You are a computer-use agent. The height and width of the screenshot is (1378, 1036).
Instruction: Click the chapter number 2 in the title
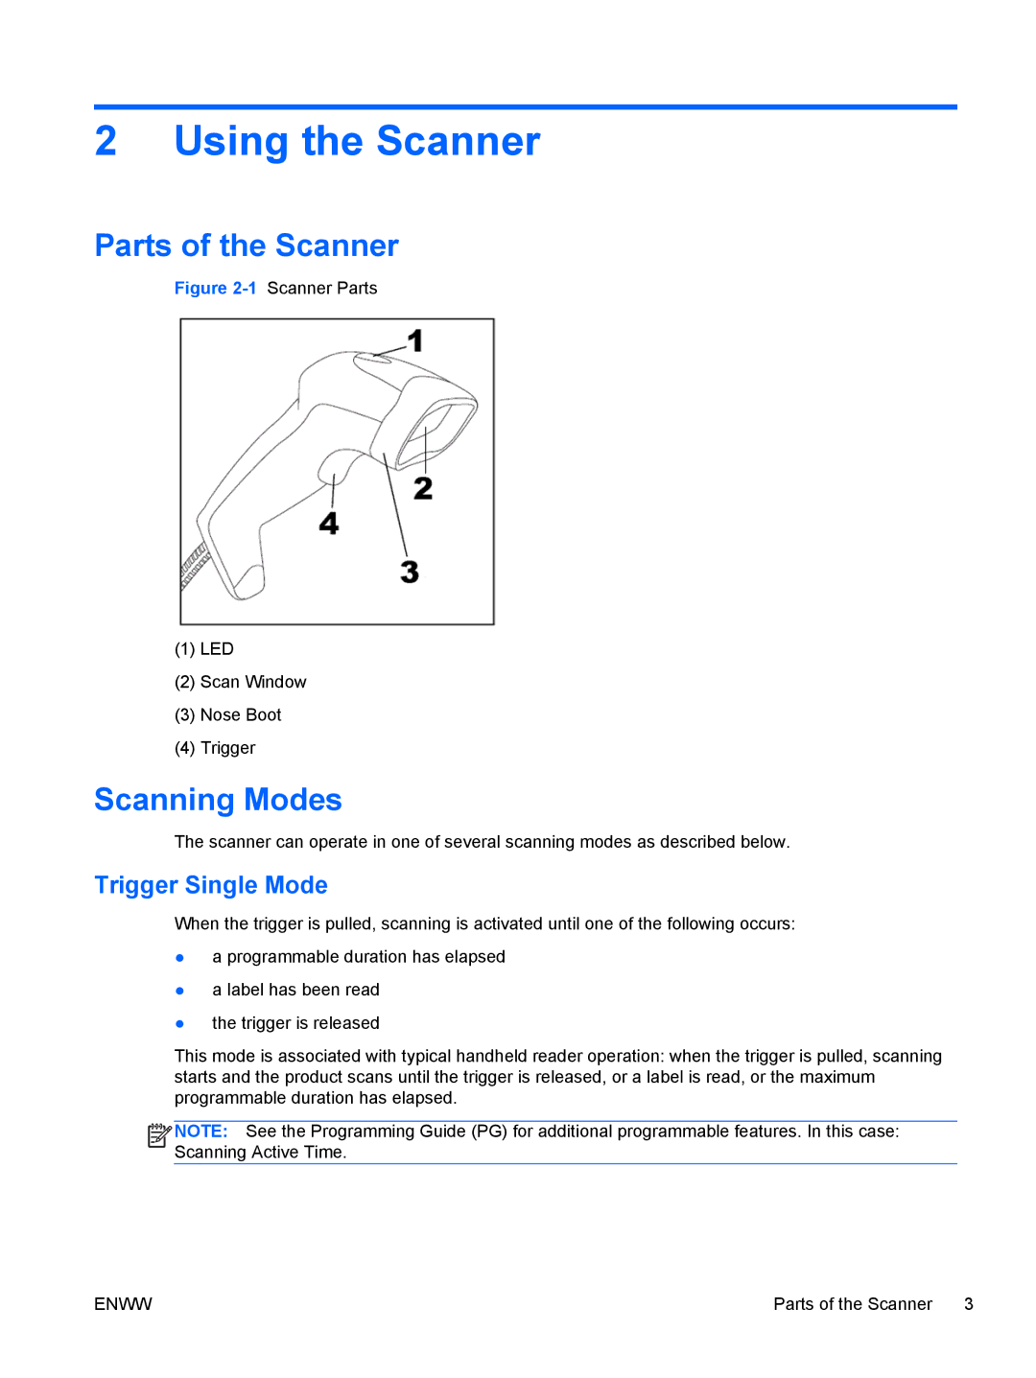106,142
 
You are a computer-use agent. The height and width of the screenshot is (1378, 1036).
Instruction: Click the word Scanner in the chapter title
458,142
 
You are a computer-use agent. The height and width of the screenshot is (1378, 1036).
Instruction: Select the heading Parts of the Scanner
247,245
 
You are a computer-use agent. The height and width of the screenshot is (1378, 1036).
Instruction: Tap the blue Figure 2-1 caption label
215,289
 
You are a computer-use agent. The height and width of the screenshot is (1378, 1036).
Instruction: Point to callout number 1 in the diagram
414,340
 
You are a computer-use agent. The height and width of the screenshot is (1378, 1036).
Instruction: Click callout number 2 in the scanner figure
423,488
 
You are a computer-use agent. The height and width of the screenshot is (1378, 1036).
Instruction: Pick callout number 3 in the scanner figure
410,572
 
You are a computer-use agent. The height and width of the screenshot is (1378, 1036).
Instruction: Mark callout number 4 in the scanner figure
329,523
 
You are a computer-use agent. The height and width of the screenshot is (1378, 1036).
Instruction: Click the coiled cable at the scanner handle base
195,565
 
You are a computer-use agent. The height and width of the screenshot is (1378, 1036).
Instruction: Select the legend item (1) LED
204,649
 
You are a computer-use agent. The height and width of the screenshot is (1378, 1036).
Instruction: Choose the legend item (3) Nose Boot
228,715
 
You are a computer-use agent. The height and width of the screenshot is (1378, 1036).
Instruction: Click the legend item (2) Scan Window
241,682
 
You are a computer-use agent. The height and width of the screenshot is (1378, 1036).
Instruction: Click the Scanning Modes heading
218,800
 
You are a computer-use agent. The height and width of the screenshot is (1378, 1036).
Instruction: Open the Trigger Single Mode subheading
211,885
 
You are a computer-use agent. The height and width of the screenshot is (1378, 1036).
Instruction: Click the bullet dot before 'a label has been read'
179,991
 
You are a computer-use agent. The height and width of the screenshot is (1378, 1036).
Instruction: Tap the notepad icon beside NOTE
158,1135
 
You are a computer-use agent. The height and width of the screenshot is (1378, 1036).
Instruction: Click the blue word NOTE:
201,1132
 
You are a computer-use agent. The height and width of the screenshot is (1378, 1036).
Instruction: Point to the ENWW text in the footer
123,1304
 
